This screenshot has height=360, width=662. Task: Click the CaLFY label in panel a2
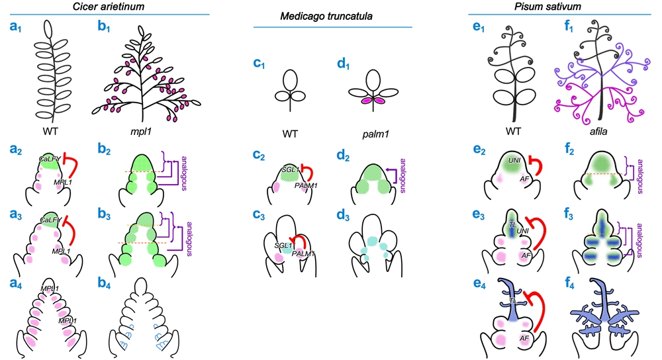pos(50,160)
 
